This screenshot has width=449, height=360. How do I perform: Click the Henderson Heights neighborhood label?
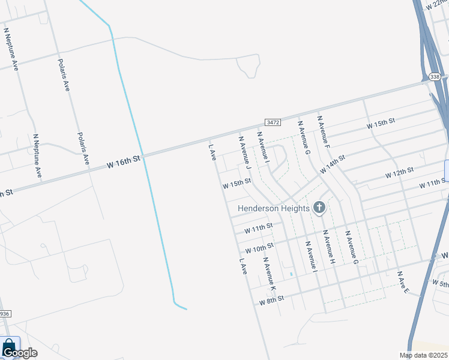coord(273,208)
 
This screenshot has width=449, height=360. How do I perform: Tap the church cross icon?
coord(319,208)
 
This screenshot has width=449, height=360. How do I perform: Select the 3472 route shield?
coord(273,122)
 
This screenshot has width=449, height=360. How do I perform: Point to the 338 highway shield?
coord(435,77)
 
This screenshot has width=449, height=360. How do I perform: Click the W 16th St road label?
coord(123,160)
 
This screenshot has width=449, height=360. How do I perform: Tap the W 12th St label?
coord(399,173)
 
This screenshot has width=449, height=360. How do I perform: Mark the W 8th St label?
coord(271,299)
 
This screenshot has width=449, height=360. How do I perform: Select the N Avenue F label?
coord(324,132)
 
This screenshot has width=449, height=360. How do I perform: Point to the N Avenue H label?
coord(328,247)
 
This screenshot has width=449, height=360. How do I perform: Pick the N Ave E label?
coord(403,282)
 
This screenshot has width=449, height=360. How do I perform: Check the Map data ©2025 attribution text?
coord(424,355)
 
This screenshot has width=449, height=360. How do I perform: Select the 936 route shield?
coord(5,314)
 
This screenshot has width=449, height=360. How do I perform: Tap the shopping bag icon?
coord(9,347)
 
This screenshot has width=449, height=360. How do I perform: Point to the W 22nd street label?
coord(438,5)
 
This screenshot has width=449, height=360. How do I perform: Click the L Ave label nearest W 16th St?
coord(212,151)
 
